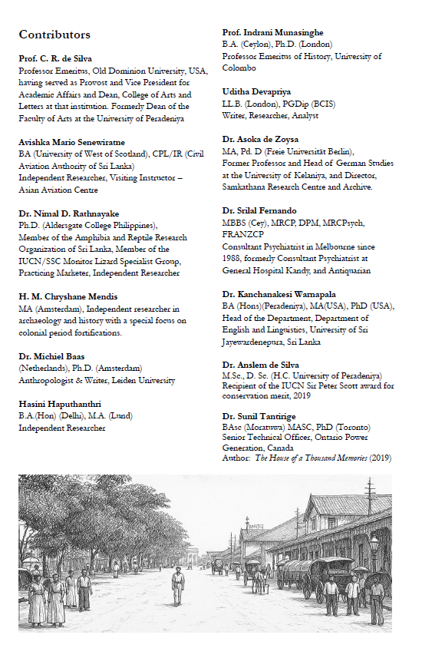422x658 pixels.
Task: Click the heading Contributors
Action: (x=54, y=35)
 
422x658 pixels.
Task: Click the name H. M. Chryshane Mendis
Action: (x=68, y=296)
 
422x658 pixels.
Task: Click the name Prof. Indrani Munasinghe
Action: (x=272, y=32)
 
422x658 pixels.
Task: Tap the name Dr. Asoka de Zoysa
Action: (x=262, y=140)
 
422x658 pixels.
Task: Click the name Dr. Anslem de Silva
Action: (x=261, y=364)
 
